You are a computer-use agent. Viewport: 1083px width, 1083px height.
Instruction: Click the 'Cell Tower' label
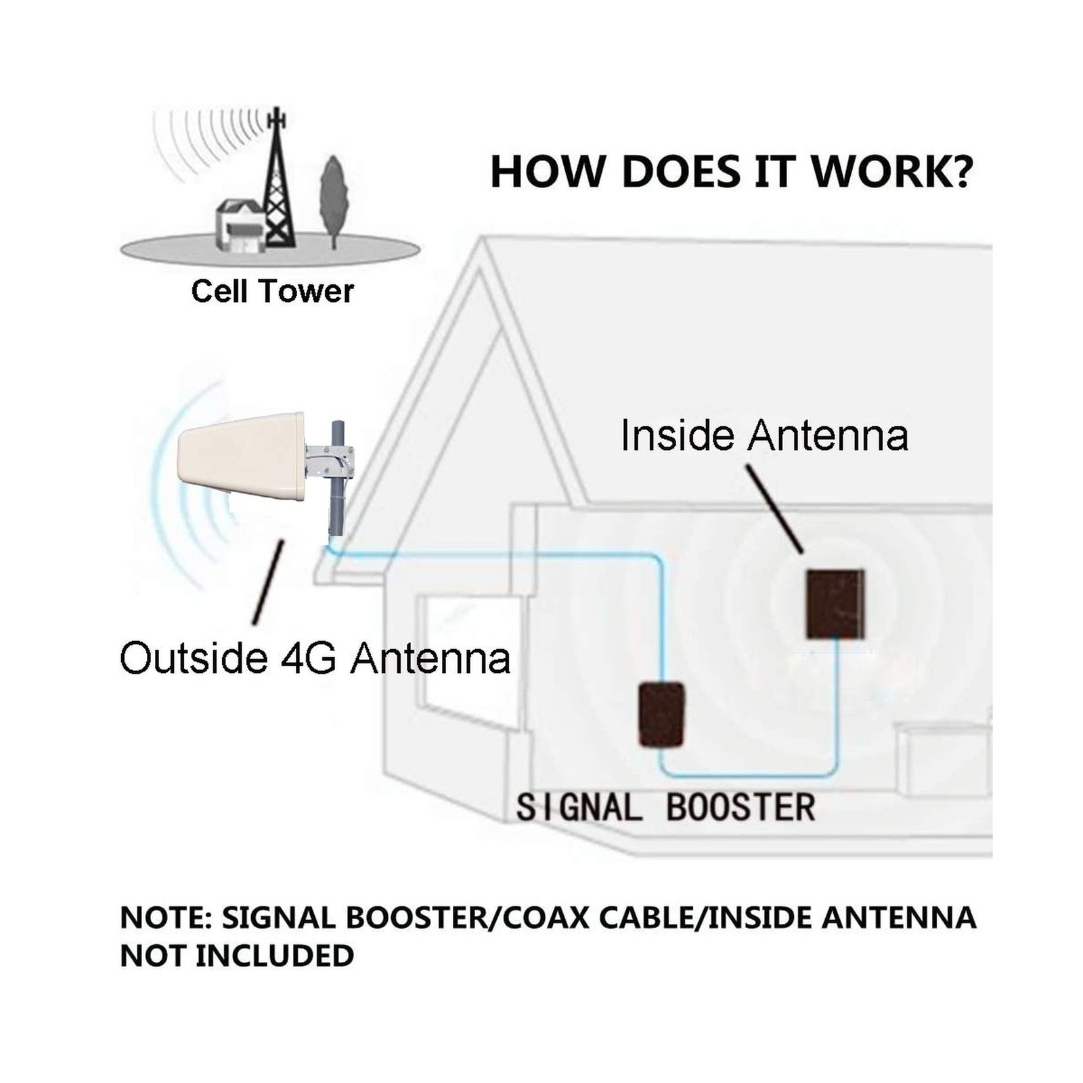(272, 292)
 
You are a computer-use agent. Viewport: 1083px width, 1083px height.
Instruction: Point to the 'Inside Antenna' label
(764, 435)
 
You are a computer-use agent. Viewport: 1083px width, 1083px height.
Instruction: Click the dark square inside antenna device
(835, 604)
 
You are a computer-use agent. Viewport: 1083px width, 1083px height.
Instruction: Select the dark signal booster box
(661, 715)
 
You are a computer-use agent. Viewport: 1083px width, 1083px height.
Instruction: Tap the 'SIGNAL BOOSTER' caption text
(665, 808)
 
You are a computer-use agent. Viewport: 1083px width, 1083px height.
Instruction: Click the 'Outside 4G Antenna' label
(315, 658)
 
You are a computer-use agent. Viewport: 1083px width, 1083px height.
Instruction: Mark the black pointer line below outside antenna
(267, 582)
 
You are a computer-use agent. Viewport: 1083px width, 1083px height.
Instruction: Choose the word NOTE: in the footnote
(166, 918)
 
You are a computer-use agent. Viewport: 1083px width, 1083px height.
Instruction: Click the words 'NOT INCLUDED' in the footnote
(237, 956)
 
